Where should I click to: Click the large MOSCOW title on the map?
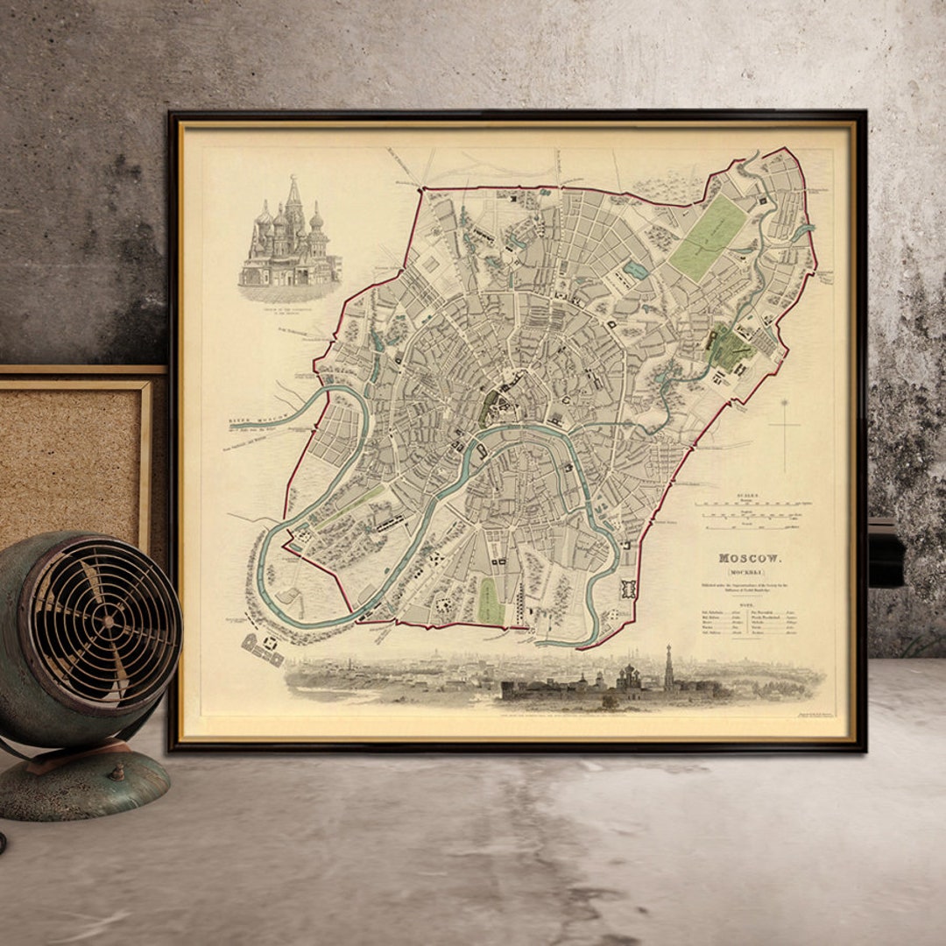751,558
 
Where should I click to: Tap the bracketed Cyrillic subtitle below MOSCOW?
751,571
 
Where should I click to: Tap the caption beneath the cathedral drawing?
289,296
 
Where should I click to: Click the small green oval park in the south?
491,601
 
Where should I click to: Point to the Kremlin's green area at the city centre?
489,407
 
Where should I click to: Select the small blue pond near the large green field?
637,270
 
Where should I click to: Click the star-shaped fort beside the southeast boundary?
628,588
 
